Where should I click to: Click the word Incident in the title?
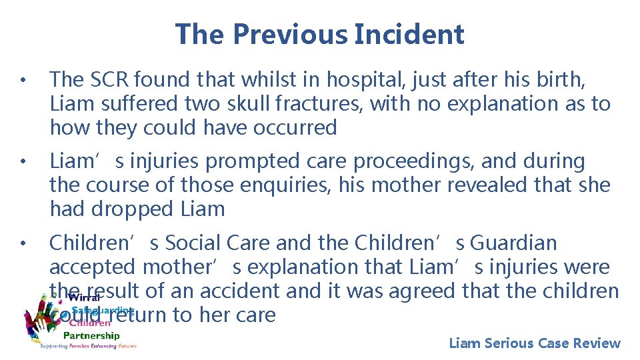pos(409,34)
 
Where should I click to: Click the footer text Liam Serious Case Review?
pos(534,343)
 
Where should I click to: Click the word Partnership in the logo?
pos(91,335)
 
